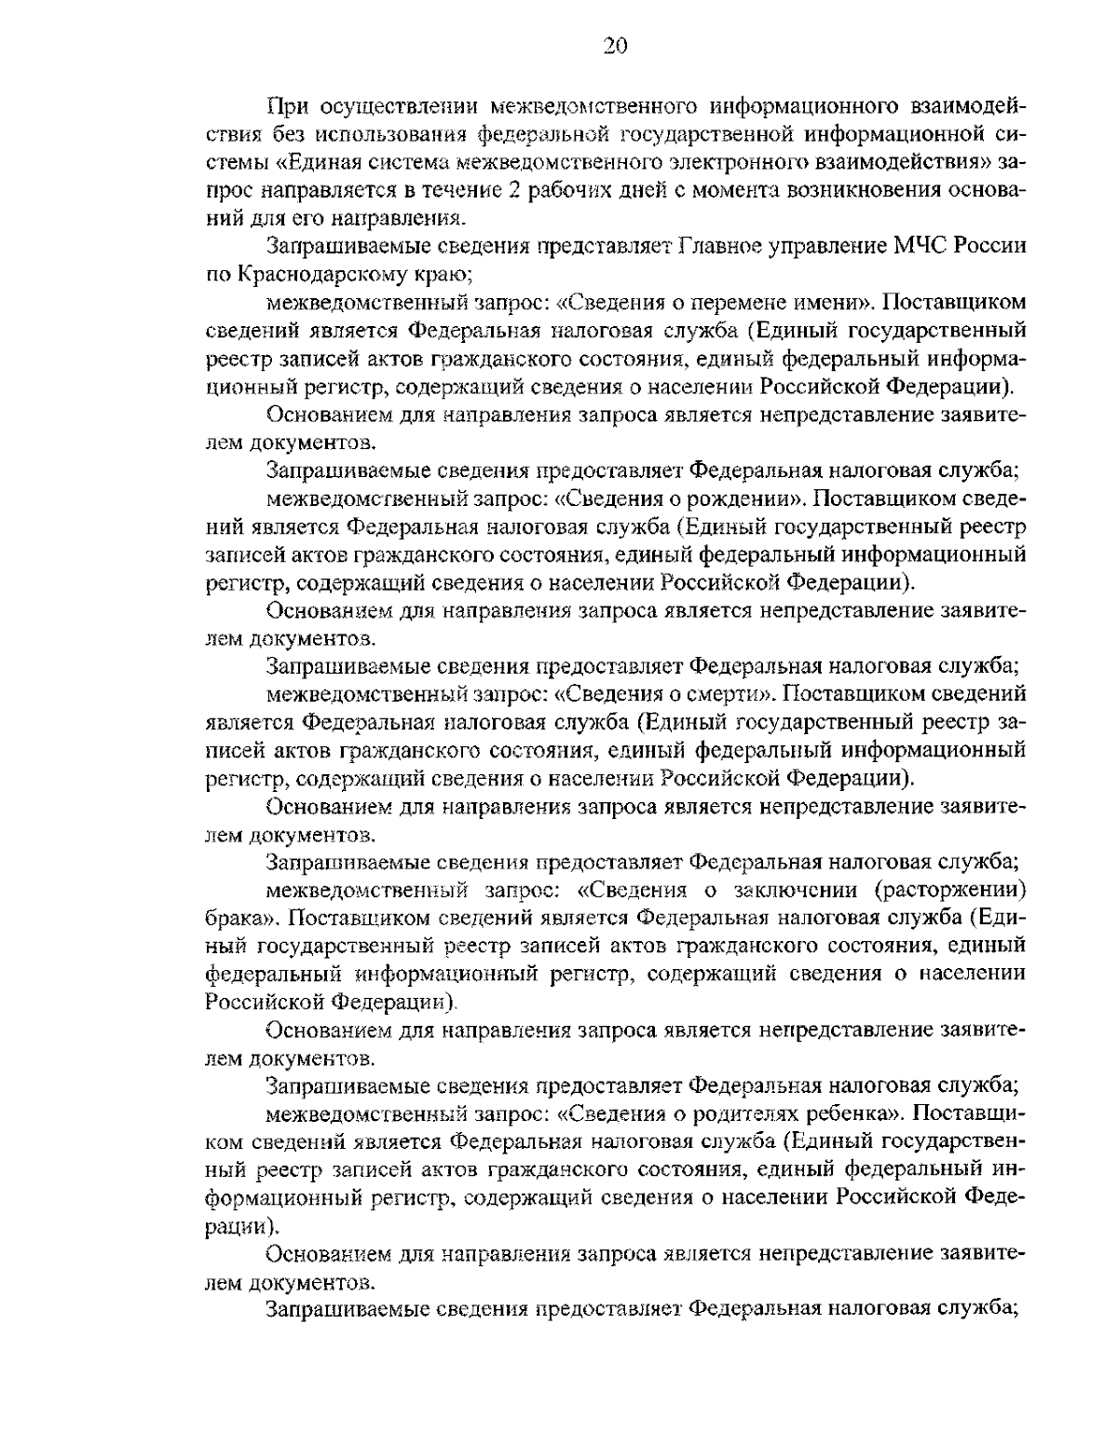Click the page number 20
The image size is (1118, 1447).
pyautogui.click(x=614, y=47)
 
